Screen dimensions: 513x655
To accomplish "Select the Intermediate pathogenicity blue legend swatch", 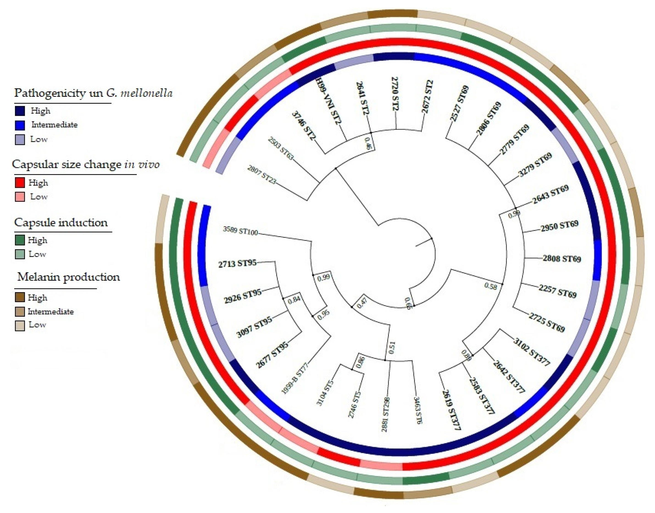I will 20,125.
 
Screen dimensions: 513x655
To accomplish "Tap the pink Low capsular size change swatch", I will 20,197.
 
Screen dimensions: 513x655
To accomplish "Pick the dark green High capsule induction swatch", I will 20,240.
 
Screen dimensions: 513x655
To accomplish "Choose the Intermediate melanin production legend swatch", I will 20,312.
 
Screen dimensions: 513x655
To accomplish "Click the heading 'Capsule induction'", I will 61,223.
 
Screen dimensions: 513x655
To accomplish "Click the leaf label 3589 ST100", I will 240,231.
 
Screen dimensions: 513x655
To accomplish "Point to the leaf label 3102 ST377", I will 532,352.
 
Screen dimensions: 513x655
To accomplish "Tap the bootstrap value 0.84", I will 294,300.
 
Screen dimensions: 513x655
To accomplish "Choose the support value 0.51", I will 392,347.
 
